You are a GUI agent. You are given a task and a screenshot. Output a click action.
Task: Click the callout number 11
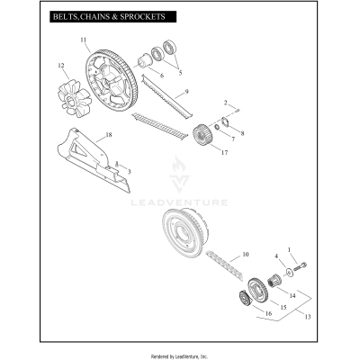84,40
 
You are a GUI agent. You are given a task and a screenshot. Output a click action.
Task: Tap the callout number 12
61,65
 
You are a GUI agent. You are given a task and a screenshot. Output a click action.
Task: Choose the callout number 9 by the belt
186,93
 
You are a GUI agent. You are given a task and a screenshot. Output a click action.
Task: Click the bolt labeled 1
301,266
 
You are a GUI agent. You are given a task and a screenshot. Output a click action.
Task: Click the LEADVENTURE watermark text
179,202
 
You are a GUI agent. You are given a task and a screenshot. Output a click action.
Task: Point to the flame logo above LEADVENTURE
179,174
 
